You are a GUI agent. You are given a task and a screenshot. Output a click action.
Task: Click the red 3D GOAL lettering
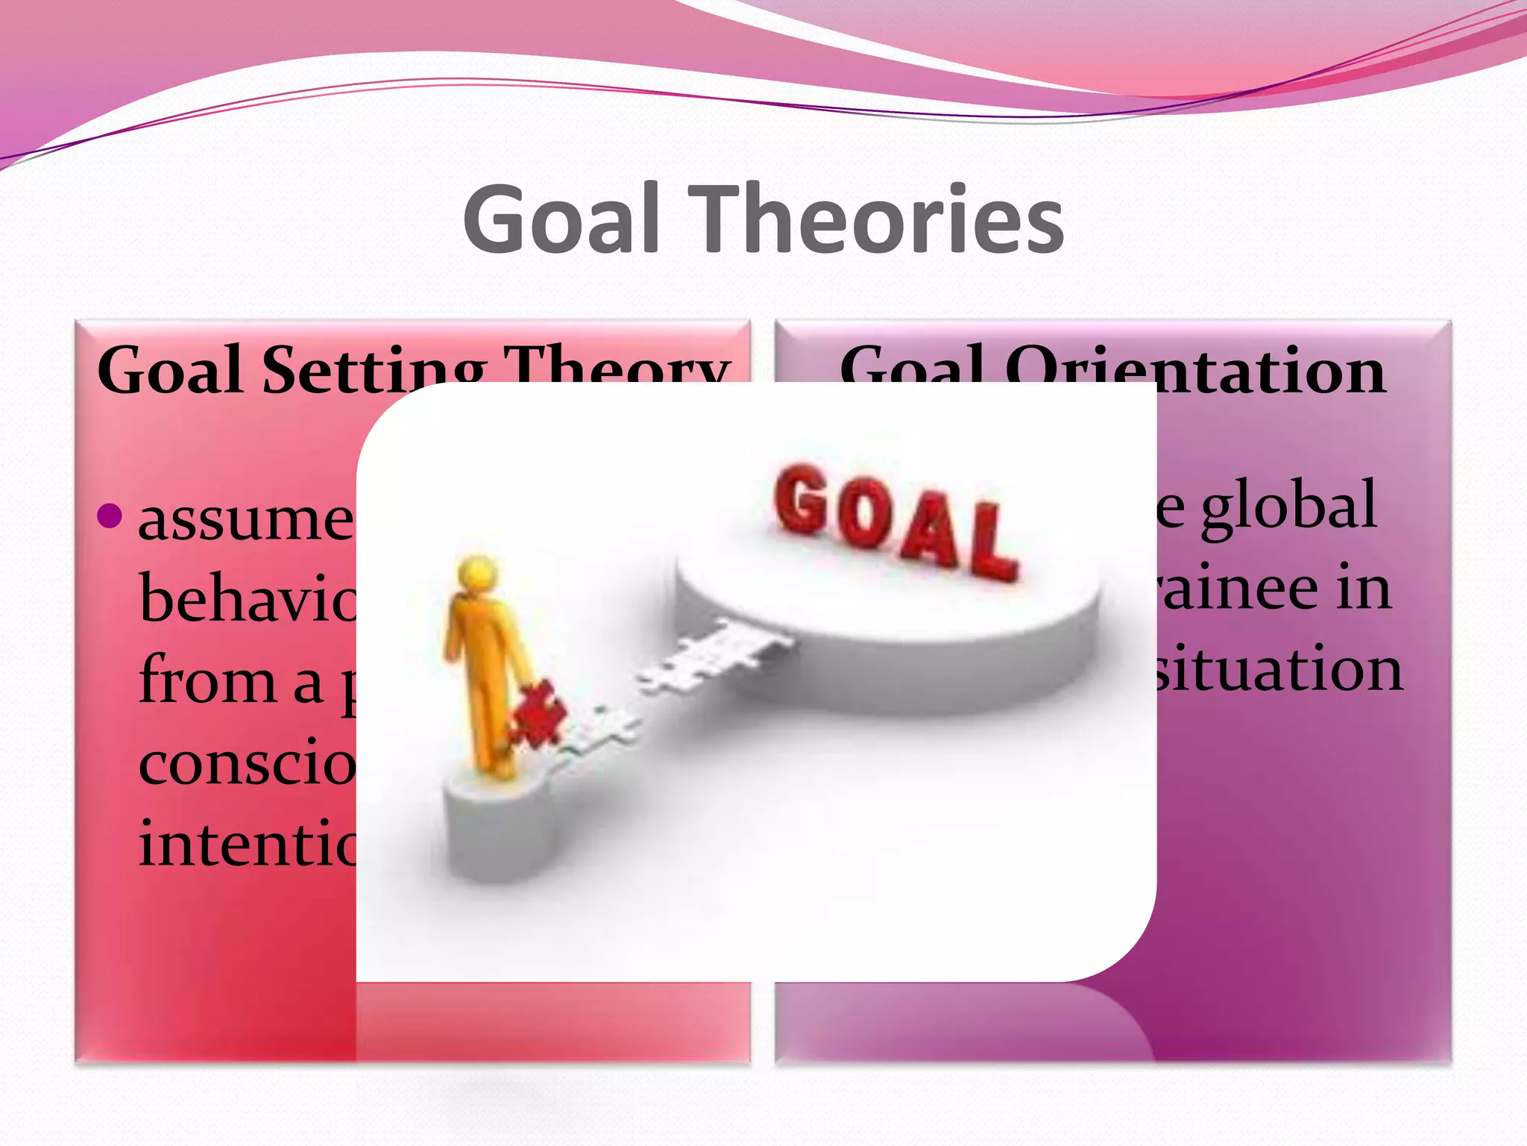895,519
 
